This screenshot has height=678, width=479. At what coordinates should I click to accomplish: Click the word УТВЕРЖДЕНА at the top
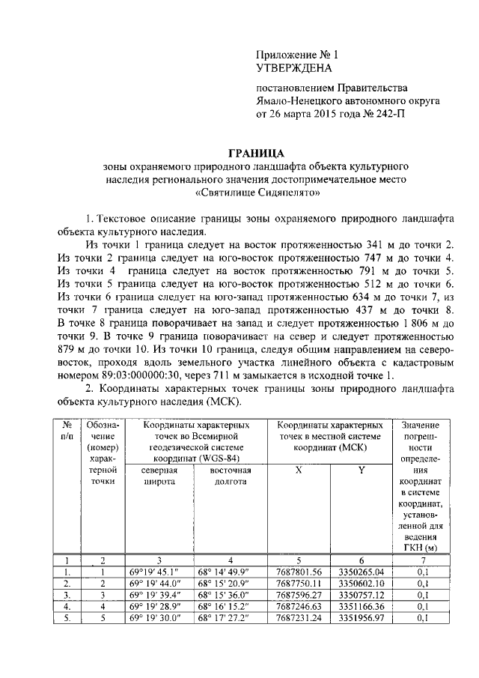pyautogui.click(x=293, y=67)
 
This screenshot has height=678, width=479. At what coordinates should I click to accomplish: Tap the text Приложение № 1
pyautogui.click(x=297, y=54)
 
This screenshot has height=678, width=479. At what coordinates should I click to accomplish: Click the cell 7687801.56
pyautogui.click(x=299, y=571)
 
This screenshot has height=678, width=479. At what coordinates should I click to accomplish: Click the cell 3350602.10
pyautogui.click(x=361, y=583)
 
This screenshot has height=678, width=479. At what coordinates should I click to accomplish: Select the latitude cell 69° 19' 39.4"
pyautogui.click(x=158, y=595)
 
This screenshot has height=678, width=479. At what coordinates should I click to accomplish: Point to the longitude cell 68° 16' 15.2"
pyautogui.click(x=230, y=606)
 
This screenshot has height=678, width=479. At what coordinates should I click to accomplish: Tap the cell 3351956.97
pyautogui.click(x=361, y=618)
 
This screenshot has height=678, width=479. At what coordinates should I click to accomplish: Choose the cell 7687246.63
pyautogui.click(x=299, y=606)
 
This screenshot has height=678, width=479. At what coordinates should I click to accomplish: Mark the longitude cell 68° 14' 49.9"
pyautogui.click(x=230, y=571)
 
